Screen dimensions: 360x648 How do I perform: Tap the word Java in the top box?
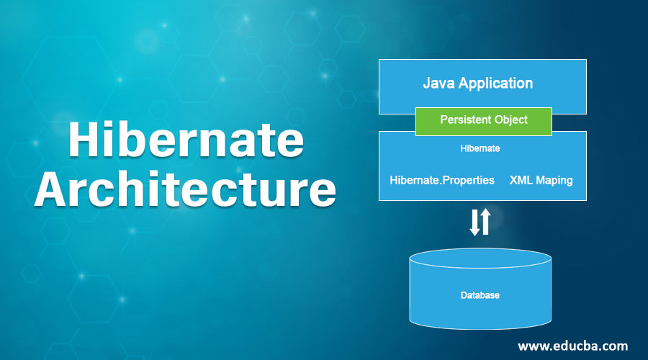click(438, 83)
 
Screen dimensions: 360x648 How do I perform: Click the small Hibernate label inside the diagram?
click(480, 149)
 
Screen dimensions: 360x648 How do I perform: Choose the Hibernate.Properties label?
click(442, 180)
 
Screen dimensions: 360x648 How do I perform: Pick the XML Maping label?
click(541, 180)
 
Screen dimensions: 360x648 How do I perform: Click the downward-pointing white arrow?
click(474, 222)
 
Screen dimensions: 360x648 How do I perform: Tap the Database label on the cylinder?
click(480, 295)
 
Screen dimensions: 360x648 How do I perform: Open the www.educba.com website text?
click(574, 346)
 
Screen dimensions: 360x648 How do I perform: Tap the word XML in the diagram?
click(521, 180)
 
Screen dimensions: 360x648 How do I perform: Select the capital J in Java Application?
click(427, 83)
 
